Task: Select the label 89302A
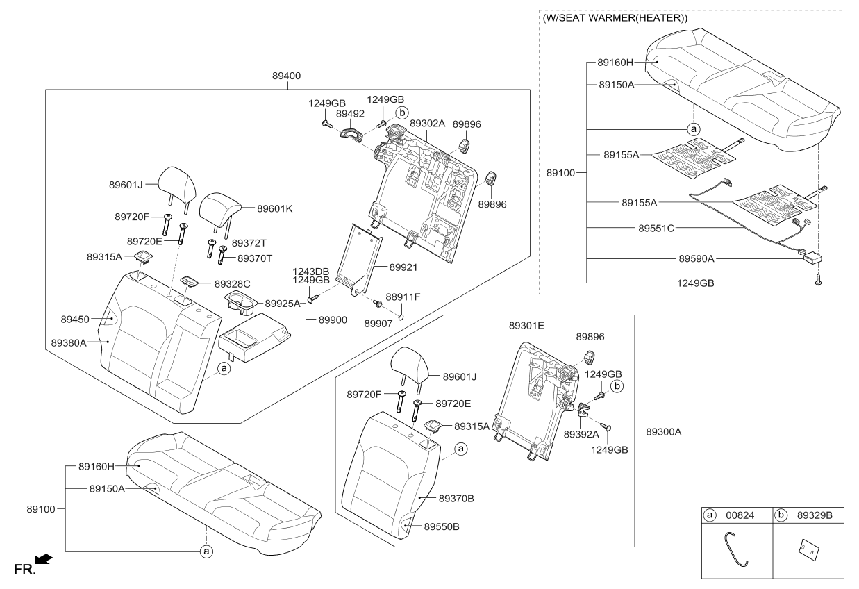[x=427, y=123]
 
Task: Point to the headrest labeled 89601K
[x=219, y=207]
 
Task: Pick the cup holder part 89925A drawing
[x=240, y=302]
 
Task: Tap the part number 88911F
[x=403, y=297]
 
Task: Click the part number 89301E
[x=526, y=324]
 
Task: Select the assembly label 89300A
[x=663, y=431]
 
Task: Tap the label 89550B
[x=442, y=526]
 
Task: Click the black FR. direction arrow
[x=43, y=558]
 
